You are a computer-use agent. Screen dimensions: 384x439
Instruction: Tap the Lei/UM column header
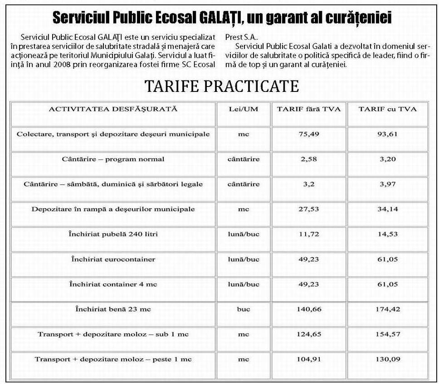[x=243, y=109]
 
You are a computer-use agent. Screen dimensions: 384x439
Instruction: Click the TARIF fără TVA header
[x=308, y=109]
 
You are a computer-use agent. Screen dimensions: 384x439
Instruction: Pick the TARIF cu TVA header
[x=387, y=109]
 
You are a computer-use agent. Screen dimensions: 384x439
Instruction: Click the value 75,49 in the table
[x=308, y=134]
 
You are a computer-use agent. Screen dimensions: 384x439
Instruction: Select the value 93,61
[x=387, y=134]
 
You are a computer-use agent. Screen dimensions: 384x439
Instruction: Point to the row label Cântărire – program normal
[x=113, y=159]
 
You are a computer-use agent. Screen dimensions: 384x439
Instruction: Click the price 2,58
[x=308, y=159]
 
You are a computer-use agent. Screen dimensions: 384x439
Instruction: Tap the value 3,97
[x=387, y=184]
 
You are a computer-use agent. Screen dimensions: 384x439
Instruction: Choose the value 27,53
[x=308, y=209]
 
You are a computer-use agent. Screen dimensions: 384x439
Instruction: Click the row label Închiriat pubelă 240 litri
[x=113, y=234]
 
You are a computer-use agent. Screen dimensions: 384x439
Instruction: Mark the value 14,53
[x=387, y=234]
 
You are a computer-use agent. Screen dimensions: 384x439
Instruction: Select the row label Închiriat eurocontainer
[x=113, y=259]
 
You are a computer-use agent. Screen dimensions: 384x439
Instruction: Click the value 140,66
[x=308, y=309]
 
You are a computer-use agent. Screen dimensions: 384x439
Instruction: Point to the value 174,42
[x=387, y=309]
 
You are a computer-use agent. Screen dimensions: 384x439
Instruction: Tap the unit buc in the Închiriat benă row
[x=243, y=309]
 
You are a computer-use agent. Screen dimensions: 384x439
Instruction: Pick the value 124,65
[x=308, y=335]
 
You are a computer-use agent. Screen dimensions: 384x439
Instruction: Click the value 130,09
[x=387, y=360]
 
